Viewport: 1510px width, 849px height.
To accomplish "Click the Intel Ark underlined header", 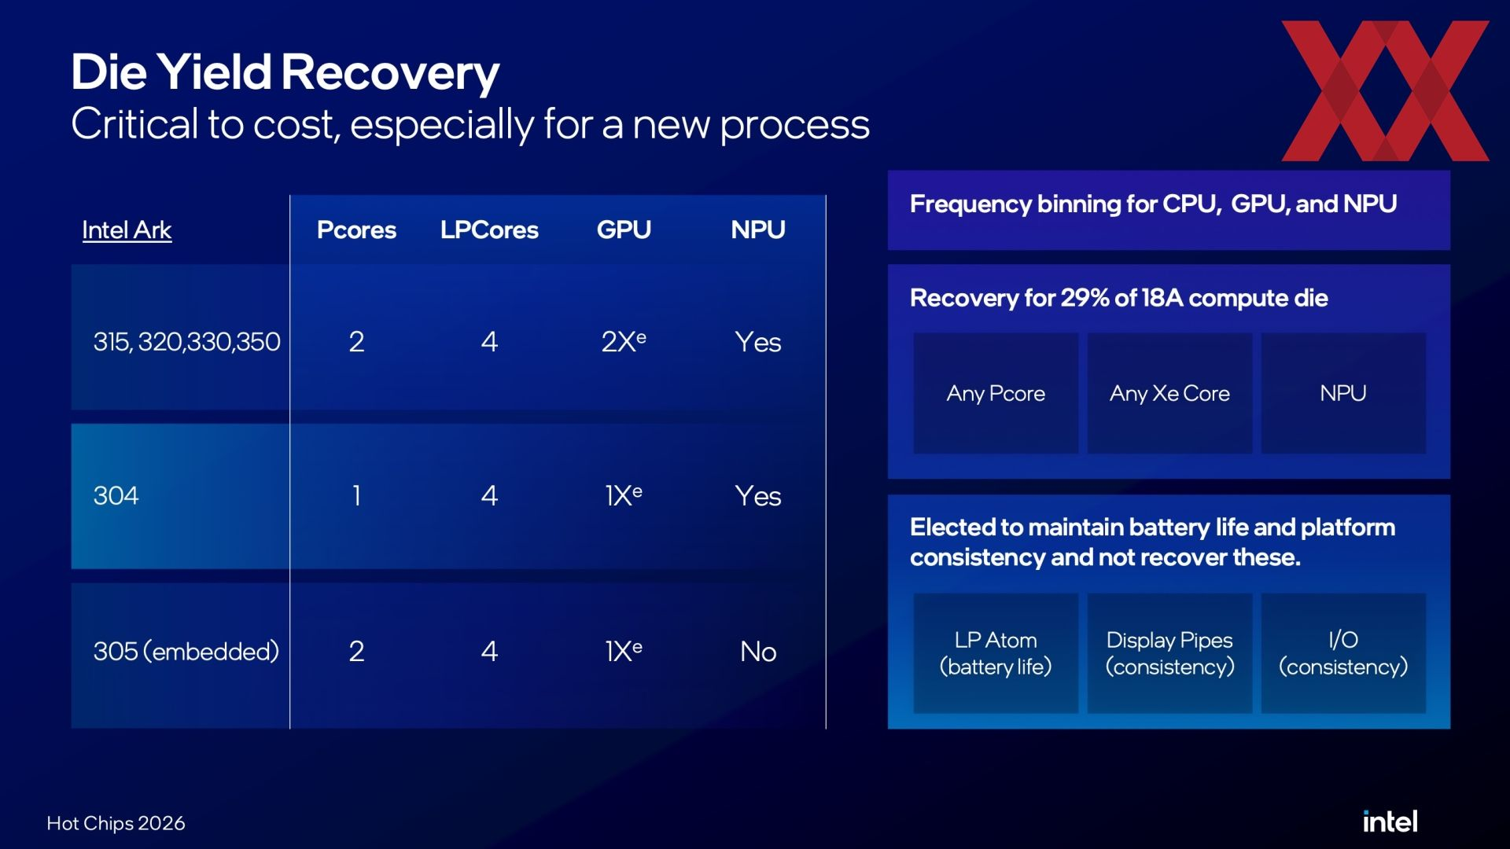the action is [x=127, y=230].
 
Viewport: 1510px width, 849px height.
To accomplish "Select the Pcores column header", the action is [x=356, y=230].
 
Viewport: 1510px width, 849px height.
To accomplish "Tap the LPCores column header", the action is [x=489, y=230].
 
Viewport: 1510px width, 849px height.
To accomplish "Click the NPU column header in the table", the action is [x=758, y=230].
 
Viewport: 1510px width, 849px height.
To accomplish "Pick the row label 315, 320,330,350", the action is [x=186, y=342].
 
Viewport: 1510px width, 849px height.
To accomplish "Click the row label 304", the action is [x=116, y=495].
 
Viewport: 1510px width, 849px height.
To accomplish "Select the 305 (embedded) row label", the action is [x=186, y=651].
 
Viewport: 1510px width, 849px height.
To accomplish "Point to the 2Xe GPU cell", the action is [x=624, y=341].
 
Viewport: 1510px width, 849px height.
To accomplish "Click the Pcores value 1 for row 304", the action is [x=356, y=495].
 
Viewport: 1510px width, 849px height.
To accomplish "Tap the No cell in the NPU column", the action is [x=758, y=652].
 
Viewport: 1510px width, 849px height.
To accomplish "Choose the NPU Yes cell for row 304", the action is [x=758, y=496].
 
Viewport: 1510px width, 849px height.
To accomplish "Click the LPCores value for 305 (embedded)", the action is [x=489, y=651].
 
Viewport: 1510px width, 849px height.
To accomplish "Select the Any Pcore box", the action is [x=996, y=393].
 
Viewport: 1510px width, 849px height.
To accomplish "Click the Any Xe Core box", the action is [x=1169, y=393].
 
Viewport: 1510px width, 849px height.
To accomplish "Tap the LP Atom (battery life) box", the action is [x=996, y=653].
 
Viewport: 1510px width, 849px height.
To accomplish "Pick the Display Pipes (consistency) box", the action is [x=1169, y=653].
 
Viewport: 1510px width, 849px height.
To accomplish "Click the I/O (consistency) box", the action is [x=1343, y=653].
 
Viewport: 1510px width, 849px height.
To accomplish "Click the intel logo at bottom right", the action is [x=1390, y=821].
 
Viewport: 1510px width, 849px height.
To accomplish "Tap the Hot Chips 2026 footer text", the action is [x=116, y=823].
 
